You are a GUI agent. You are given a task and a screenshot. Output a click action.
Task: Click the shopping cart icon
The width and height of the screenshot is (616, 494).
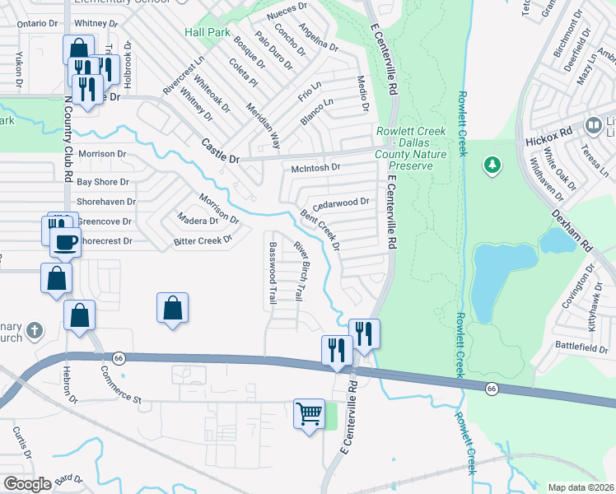point(309,413)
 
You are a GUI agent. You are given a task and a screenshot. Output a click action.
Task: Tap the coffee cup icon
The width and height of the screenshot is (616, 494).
point(65,242)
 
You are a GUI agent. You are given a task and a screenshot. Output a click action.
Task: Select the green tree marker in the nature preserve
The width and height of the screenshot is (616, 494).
point(492,165)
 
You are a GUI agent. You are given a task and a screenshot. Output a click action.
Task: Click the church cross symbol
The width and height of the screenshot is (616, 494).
point(34,331)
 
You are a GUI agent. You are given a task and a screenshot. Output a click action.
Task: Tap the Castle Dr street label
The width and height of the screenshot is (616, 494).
point(220,150)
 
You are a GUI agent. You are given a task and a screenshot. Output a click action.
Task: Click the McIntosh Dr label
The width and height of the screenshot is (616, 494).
point(316,168)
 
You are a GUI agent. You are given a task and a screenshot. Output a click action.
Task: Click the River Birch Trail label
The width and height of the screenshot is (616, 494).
point(301,269)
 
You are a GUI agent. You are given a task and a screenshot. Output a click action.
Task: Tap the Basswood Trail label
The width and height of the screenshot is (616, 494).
point(272,273)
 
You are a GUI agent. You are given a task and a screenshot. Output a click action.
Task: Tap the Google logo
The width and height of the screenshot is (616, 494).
point(26,483)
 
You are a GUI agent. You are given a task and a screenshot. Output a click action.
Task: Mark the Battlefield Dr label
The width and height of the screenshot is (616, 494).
point(581,349)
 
